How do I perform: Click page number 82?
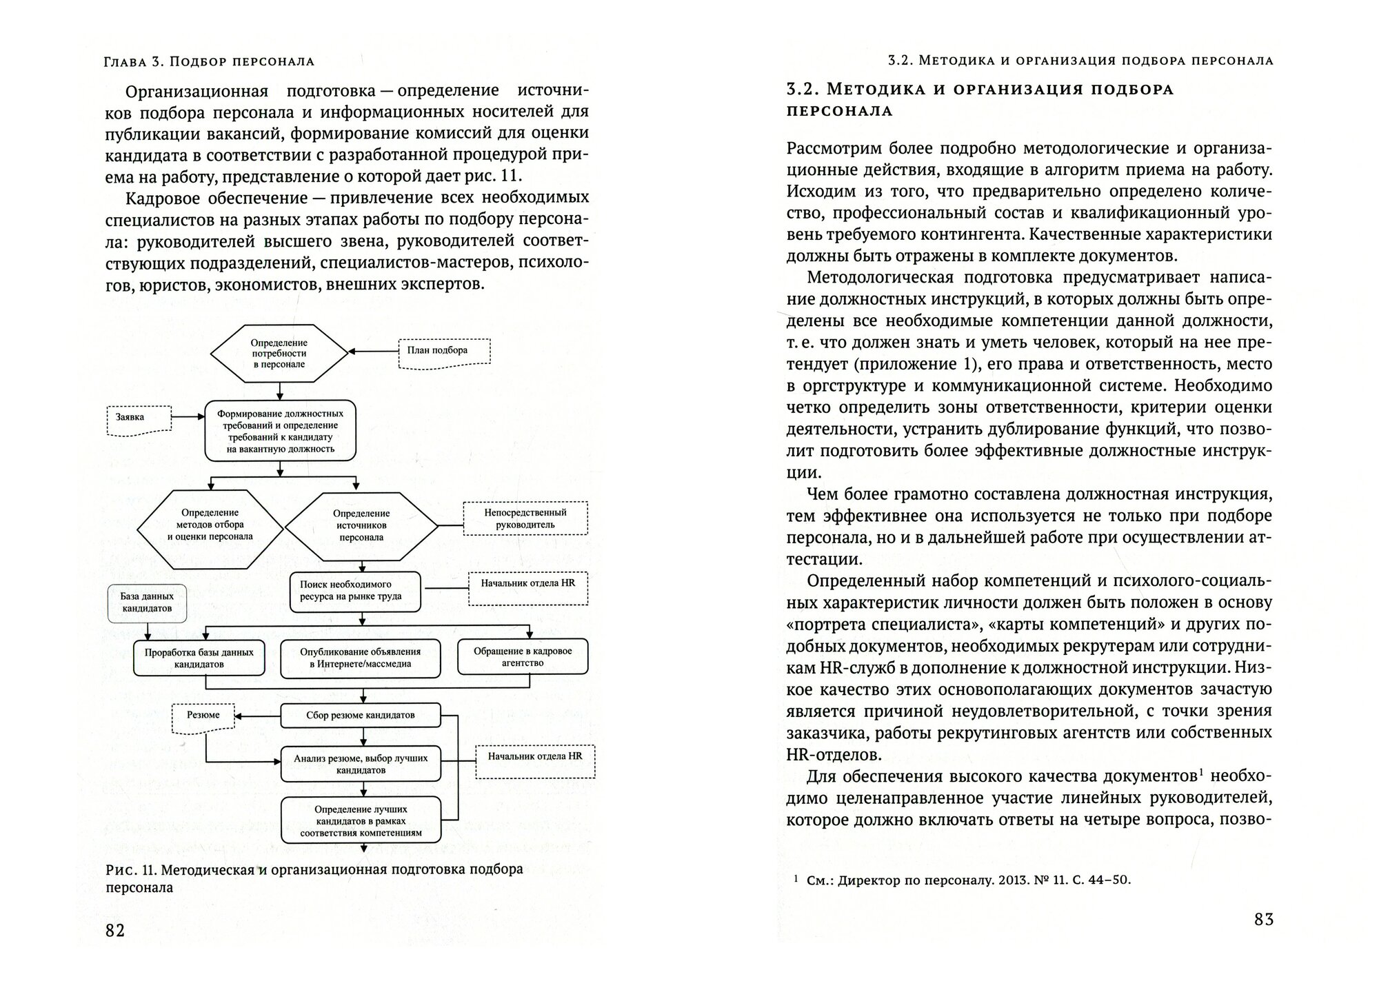point(115,930)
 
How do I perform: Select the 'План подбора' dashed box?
point(444,351)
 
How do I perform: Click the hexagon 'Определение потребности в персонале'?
point(279,354)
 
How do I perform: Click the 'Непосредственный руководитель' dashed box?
point(525,518)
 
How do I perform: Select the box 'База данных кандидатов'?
point(147,603)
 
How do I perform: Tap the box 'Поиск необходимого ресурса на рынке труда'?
point(354,591)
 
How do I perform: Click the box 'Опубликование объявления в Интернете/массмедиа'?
point(361,658)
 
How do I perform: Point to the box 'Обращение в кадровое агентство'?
point(523,657)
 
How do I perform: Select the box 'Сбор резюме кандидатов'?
point(360,716)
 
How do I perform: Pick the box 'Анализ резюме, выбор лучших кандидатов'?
point(360,763)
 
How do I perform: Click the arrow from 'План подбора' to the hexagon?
point(374,352)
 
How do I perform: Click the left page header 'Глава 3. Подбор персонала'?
point(209,61)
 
